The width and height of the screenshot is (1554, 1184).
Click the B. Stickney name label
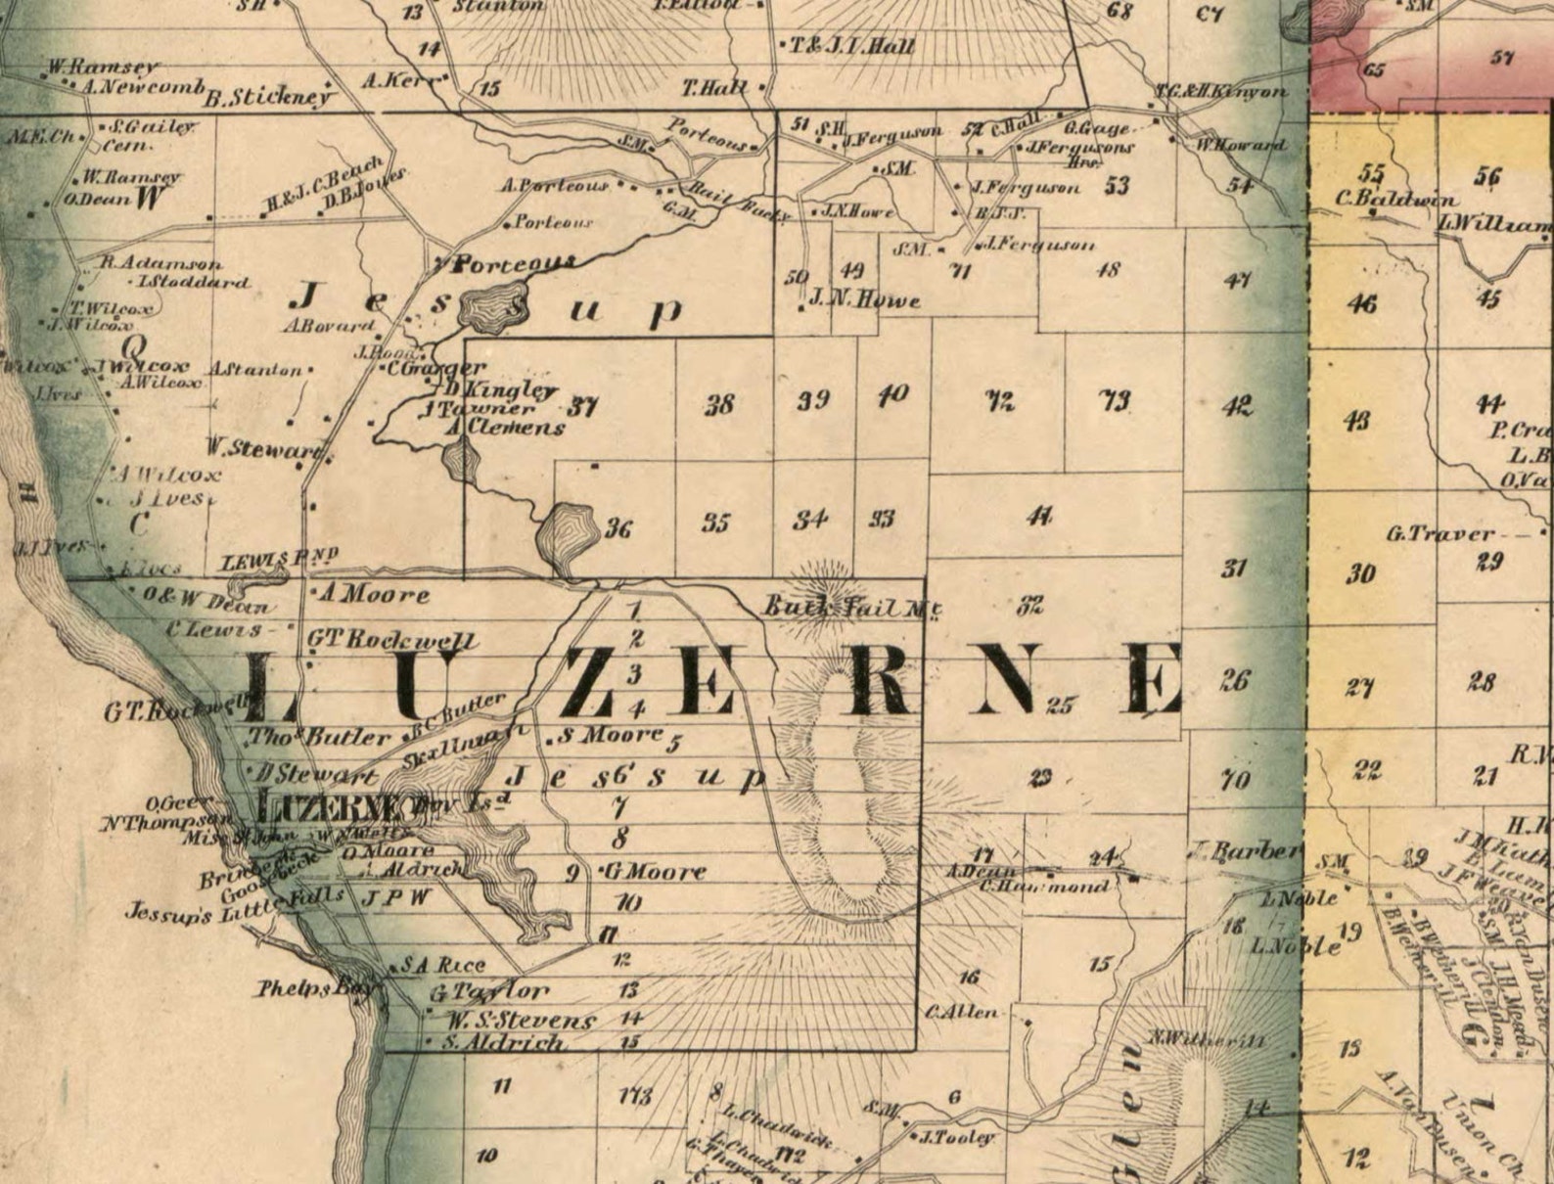pyautogui.click(x=269, y=98)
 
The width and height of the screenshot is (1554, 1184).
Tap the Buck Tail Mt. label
pyautogui.click(x=851, y=608)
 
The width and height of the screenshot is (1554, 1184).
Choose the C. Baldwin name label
pyautogui.click(x=1395, y=200)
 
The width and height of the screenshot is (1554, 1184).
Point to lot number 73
pyautogui.click(x=1116, y=399)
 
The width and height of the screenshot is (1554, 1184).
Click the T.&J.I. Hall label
pyautogui.click(x=852, y=46)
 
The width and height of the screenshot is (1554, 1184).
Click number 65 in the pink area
pyautogui.click(x=1373, y=69)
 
